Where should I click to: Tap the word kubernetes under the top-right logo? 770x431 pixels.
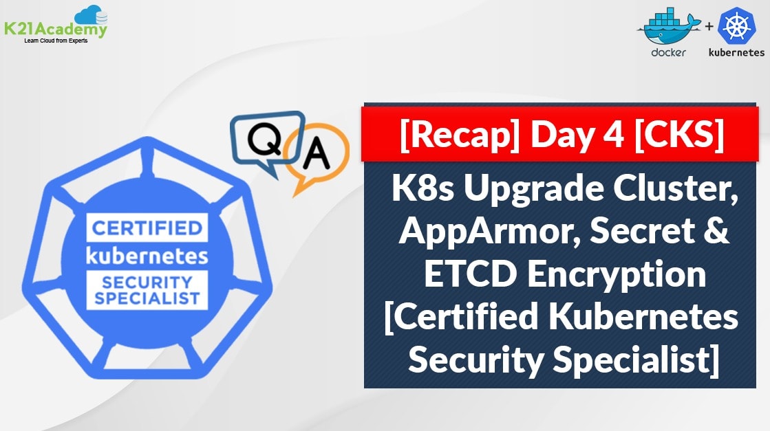coord(736,52)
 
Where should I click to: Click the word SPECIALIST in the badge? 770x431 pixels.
coord(147,298)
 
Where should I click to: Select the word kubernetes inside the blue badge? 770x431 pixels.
coord(147,255)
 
